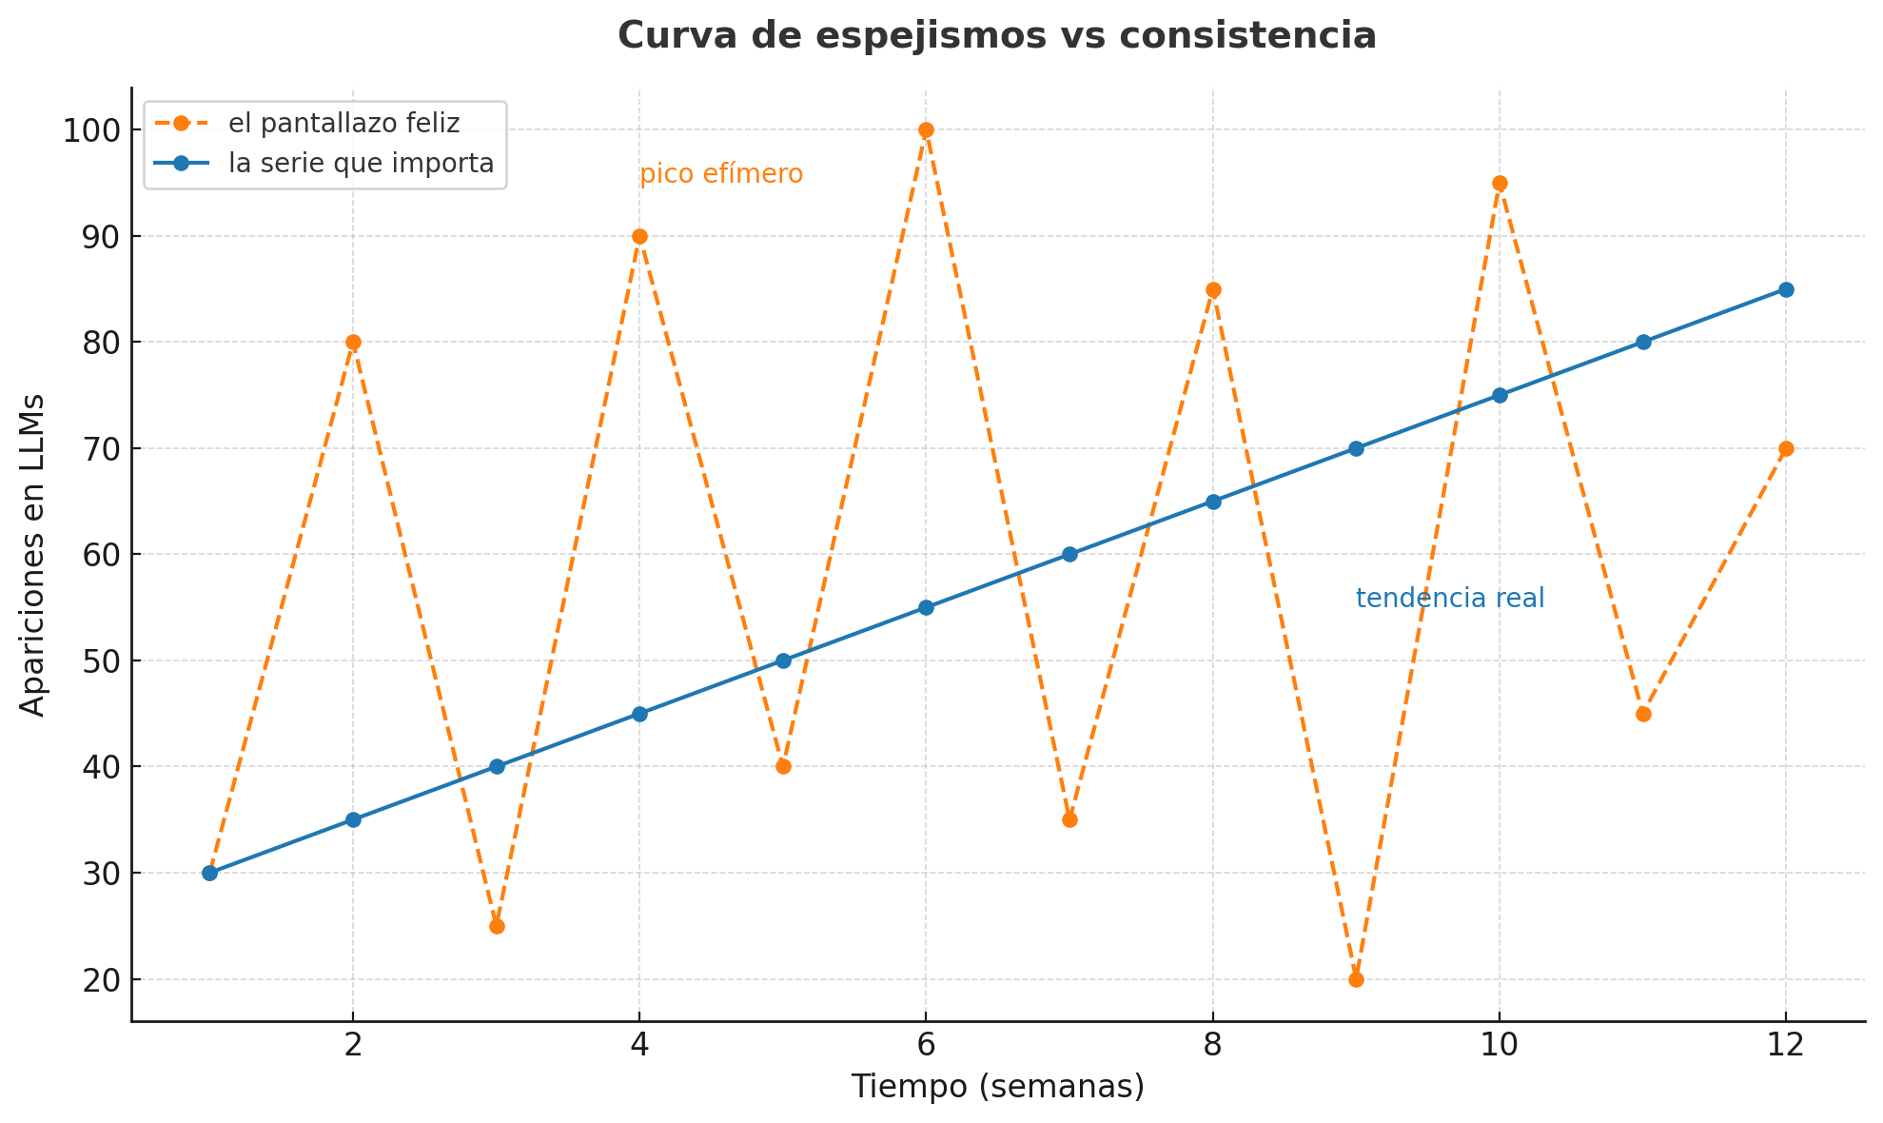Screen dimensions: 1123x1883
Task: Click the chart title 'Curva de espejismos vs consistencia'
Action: (996, 36)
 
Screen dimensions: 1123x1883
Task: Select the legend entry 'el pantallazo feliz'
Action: (343, 124)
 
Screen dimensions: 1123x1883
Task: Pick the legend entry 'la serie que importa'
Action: (361, 164)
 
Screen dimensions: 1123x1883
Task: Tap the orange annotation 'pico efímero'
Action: (721, 175)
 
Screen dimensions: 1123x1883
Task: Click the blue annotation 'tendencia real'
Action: (1449, 599)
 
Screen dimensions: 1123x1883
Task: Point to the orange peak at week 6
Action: (926, 130)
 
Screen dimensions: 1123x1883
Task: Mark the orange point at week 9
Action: (1356, 979)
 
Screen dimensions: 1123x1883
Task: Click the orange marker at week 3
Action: (497, 926)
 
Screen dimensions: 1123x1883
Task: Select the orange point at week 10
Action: (1500, 184)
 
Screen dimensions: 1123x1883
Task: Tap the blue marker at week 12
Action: (1786, 290)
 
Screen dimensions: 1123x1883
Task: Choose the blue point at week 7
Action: (1069, 555)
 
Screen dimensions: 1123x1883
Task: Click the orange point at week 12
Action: (1786, 449)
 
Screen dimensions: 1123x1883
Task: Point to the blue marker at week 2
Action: (353, 819)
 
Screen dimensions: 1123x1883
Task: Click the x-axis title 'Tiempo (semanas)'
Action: (997, 1087)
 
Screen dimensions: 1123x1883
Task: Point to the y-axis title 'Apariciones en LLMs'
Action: (33, 554)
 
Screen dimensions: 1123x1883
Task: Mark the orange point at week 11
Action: (1643, 714)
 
